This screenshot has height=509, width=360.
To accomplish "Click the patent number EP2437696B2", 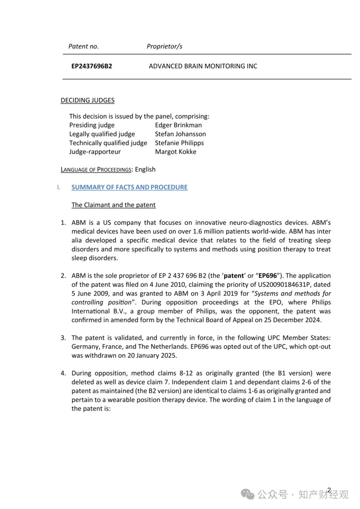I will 92,66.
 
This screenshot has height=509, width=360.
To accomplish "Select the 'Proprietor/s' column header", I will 164,47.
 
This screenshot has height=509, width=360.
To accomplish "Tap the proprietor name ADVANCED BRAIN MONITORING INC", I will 203,66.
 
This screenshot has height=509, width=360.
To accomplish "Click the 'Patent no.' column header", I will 84,47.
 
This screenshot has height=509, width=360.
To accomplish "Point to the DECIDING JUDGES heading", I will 87,100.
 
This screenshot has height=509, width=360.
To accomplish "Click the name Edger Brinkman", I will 178,125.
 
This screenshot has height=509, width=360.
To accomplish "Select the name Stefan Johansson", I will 180,134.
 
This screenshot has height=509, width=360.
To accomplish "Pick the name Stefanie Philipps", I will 179,143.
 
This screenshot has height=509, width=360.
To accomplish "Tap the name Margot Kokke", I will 175,152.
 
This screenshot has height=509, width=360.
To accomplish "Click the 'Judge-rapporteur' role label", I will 95,152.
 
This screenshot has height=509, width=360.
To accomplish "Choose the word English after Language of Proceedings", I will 145,169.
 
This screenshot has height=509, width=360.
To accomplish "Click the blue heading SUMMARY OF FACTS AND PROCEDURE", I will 130,187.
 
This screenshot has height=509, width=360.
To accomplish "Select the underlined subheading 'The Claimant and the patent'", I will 113,205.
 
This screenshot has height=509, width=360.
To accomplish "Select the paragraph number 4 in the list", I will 63,373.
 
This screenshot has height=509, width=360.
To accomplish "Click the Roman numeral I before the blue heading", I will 59,187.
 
